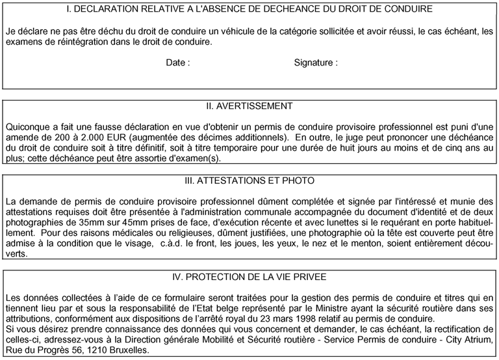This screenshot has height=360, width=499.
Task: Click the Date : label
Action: tap(178, 63)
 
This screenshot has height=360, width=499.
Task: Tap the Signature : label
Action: tap(316, 63)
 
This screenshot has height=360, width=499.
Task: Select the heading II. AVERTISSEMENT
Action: tap(249, 106)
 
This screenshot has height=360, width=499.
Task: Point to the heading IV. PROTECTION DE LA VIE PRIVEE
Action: tap(249, 277)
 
